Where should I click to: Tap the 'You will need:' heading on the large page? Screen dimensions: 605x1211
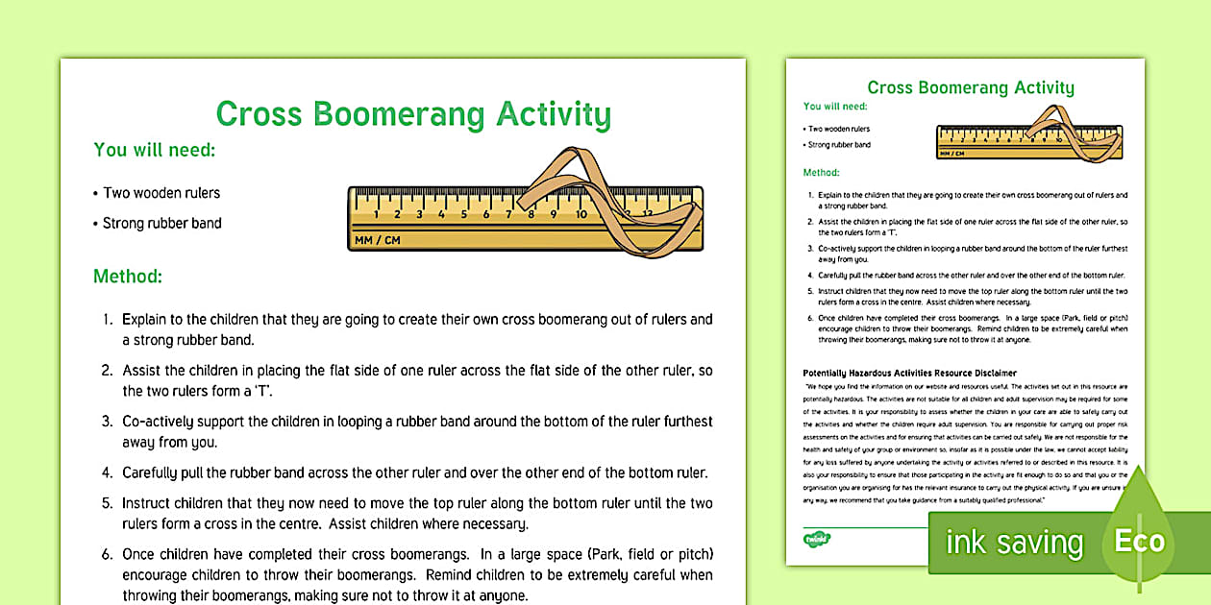(x=154, y=150)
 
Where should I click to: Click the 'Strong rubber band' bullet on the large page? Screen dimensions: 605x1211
(x=161, y=224)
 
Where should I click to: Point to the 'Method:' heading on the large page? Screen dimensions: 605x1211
(x=127, y=277)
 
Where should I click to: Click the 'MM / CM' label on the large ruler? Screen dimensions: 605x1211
(x=377, y=240)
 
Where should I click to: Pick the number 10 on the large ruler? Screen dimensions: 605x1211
(x=581, y=213)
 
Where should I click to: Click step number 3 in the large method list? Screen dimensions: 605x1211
(x=109, y=421)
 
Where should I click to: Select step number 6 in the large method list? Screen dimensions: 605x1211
(x=109, y=555)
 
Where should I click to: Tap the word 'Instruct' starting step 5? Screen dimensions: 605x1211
(x=150, y=503)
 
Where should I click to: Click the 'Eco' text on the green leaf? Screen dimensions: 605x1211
(x=1139, y=541)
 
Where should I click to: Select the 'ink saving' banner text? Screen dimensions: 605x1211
(x=1014, y=543)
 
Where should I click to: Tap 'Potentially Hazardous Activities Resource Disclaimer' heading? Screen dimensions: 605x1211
(x=909, y=373)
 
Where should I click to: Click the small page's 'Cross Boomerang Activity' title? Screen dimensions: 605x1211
(x=971, y=88)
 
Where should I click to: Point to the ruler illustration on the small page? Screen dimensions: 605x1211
(x=1028, y=139)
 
